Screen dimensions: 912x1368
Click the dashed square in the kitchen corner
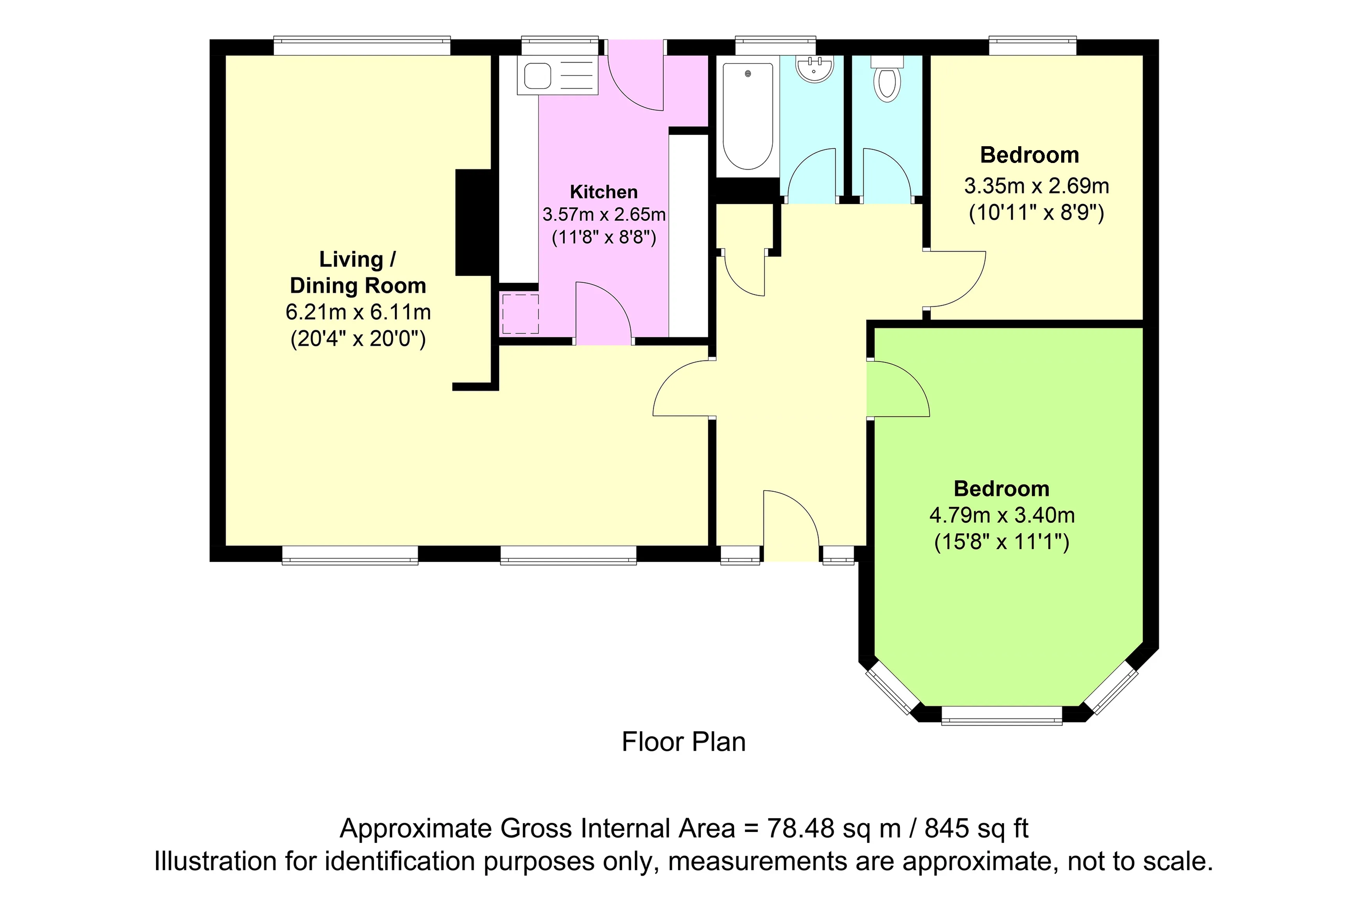tap(520, 314)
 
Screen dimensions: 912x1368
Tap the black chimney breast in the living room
tap(474, 222)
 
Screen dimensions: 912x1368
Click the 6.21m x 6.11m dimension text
tap(358, 312)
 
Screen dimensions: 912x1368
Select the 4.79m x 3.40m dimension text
tap(1001, 515)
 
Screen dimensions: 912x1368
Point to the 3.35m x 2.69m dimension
tap(1036, 186)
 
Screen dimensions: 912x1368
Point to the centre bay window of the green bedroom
tap(1001, 715)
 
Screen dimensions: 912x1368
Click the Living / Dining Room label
tap(358, 272)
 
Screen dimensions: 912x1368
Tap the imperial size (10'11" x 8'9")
tap(1036, 213)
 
